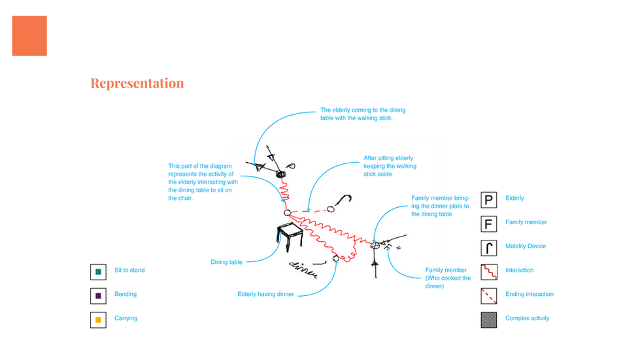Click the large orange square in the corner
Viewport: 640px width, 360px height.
(x=29, y=35)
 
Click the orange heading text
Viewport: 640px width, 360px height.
(x=137, y=84)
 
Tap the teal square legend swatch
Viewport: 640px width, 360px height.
(x=98, y=270)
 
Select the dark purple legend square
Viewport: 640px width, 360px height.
(x=98, y=295)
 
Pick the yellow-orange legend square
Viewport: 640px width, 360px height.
(x=98, y=320)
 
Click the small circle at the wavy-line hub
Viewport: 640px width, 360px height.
(x=286, y=213)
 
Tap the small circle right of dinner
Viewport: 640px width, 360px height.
(x=336, y=259)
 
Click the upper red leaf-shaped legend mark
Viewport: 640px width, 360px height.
(x=489, y=271)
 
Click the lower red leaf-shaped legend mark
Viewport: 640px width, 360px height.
(x=489, y=295)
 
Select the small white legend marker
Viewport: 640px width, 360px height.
(x=490, y=248)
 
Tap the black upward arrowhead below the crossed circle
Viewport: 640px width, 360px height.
(x=375, y=263)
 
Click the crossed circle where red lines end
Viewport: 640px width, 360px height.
(x=375, y=245)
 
